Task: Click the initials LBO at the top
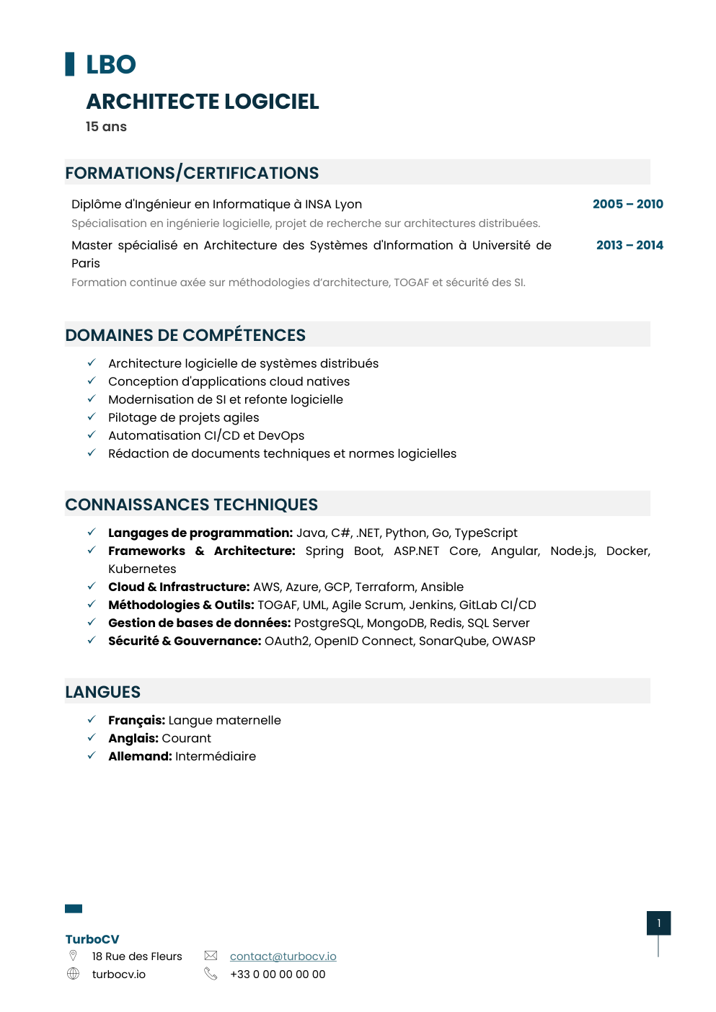[x=110, y=65]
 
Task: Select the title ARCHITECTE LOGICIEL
[x=203, y=102]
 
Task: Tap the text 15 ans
[x=106, y=127]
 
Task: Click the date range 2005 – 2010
[x=627, y=204]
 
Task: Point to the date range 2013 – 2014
[x=629, y=245]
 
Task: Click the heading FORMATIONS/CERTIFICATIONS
[x=192, y=173]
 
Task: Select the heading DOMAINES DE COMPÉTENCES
[x=185, y=335]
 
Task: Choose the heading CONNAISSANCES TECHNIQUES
[x=191, y=505]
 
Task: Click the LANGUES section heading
[x=102, y=692]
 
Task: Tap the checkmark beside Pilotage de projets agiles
[x=92, y=417]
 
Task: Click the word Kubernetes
[x=142, y=569]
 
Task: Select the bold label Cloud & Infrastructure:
[x=179, y=587]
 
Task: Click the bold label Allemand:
[x=140, y=756]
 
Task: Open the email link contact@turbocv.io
[x=283, y=956]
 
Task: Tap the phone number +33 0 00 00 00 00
[x=278, y=974]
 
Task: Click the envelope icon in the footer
[x=211, y=955]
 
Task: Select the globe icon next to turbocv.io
[x=73, y=974]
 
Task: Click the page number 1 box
[x=658, y=923]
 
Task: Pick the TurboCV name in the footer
[x=92, y=939]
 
